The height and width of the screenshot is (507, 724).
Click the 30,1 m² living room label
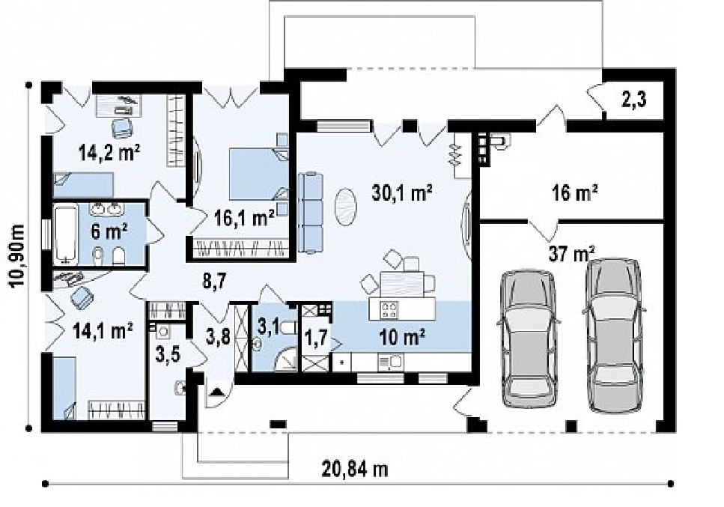coord(402,193)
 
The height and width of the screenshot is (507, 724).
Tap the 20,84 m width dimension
coord(355,470)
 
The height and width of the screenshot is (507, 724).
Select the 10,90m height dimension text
coord(16,256)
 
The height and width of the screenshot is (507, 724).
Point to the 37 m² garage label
coord(571,253)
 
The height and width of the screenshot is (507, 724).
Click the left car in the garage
coord(529,338)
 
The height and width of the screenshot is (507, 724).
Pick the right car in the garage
coord(615,336)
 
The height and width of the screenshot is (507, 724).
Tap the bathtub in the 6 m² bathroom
coord(64,235)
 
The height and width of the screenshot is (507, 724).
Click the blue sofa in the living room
coord(309,212)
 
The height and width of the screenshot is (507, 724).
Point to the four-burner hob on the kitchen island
coord(389,309)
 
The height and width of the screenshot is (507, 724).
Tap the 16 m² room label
coord(575,192)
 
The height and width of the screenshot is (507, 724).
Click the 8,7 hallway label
coord(214,281)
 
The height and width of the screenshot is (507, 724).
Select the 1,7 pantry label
coord(316,338)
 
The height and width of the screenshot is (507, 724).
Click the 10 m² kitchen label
coord(402,338)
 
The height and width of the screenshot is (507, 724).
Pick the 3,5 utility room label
coord(168,356)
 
